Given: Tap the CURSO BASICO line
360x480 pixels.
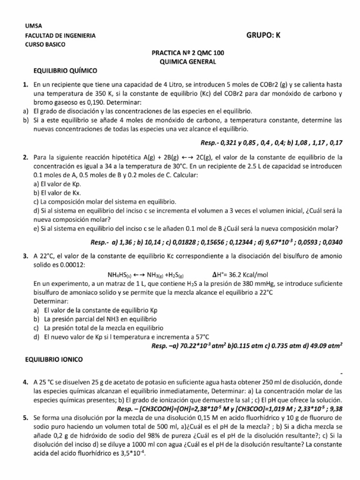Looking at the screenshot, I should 45,45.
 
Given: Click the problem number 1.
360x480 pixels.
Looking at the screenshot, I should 26,85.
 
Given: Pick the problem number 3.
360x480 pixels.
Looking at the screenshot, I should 26,256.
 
